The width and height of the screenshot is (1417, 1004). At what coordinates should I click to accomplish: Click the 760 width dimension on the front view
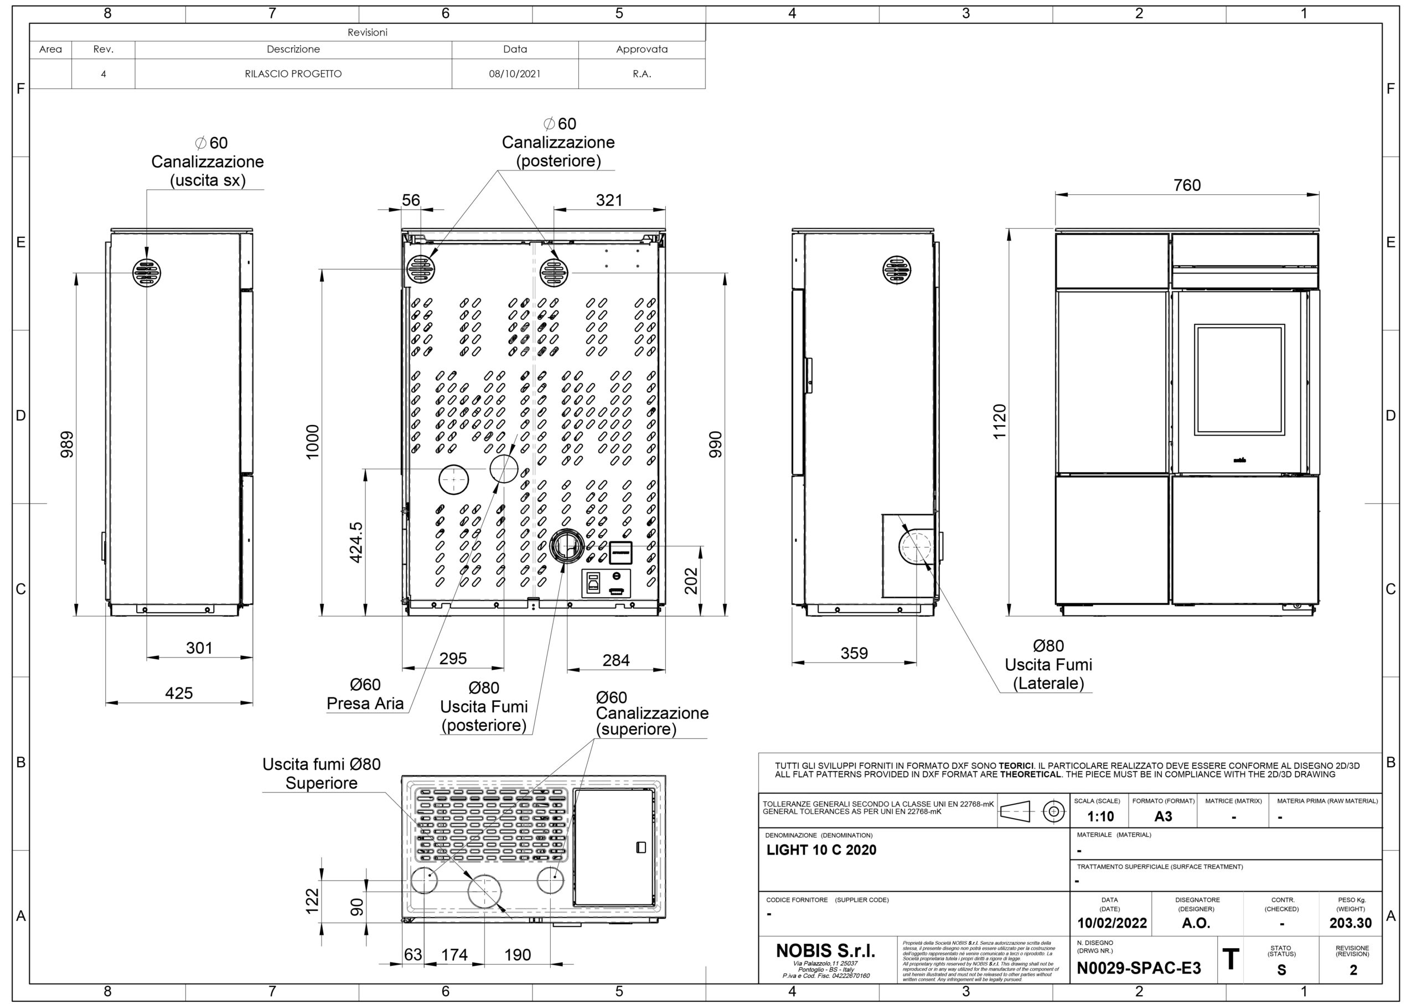tap(1187, 185)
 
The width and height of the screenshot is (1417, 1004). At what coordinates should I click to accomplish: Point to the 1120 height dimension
tap(999, 422)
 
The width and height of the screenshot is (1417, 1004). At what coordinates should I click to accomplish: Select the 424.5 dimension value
tap(356, 542)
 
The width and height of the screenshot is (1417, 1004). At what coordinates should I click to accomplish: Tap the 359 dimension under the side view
tap(854, 653)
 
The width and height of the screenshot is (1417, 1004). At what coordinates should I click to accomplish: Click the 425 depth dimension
tap(179, 693)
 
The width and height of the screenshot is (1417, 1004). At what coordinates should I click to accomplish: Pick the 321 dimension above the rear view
tap(609, 200)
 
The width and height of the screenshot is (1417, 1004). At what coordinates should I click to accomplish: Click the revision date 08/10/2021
tap(514, 74)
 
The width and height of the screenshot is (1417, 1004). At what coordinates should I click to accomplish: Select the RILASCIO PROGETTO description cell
tap(293, 74)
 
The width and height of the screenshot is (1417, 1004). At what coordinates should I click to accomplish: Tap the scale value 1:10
tap(1100, 817)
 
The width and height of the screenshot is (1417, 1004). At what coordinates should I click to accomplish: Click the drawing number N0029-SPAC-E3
tap(1139, 968)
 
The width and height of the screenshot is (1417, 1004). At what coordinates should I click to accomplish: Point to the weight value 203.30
tap(1350, 923)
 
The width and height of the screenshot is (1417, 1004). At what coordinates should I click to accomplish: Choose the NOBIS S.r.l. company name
tap(825, 950)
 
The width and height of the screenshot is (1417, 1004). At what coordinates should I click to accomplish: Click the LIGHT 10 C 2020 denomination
tap(821, 850)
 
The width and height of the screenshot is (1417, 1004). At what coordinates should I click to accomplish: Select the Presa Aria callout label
tap(365, 703)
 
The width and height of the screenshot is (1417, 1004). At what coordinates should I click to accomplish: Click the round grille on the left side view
tap(147, 272)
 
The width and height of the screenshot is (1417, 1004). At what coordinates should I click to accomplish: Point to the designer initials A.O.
tap(1196, 923)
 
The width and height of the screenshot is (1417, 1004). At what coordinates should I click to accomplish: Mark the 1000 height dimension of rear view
tap(313, 442)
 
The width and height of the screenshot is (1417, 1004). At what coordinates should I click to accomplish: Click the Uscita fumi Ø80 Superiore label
tap(322, 773)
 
